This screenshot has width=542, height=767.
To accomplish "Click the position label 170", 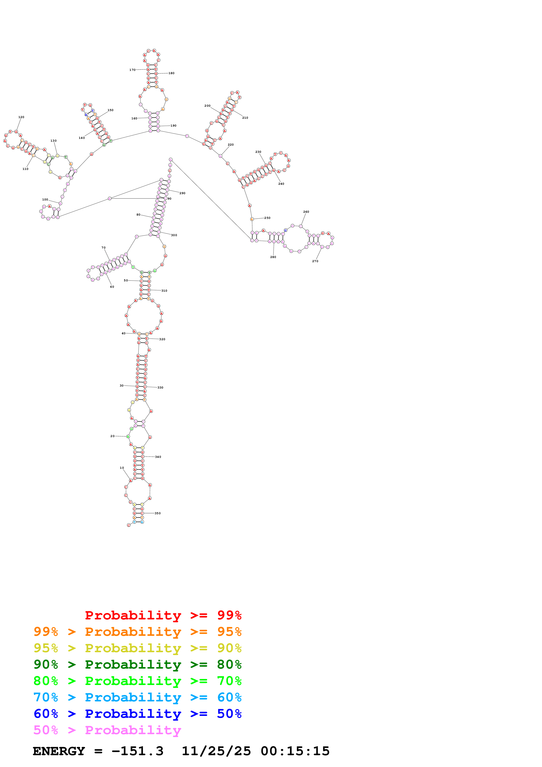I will (132, 70).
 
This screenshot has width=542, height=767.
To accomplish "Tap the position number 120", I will (21, 117).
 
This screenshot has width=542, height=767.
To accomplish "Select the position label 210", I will (245, 118).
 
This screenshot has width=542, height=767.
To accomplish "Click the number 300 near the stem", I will (174, 235).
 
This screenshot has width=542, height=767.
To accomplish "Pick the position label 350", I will (158, 513).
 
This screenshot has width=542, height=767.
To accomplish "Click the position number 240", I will (281, 184).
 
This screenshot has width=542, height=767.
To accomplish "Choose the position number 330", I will (160, 387).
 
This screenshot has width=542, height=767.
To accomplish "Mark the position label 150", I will (111, 110).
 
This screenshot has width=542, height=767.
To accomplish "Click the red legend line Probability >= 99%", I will (163, 615).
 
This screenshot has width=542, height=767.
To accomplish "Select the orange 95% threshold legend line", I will (137, 631).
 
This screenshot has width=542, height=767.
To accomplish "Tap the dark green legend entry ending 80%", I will (137, 664).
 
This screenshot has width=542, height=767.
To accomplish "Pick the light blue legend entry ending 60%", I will (137, 697).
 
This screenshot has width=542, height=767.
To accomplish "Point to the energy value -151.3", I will (137, 751).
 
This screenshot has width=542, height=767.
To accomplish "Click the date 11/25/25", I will (216, 751).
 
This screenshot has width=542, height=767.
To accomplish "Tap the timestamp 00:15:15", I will (295, 751).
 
